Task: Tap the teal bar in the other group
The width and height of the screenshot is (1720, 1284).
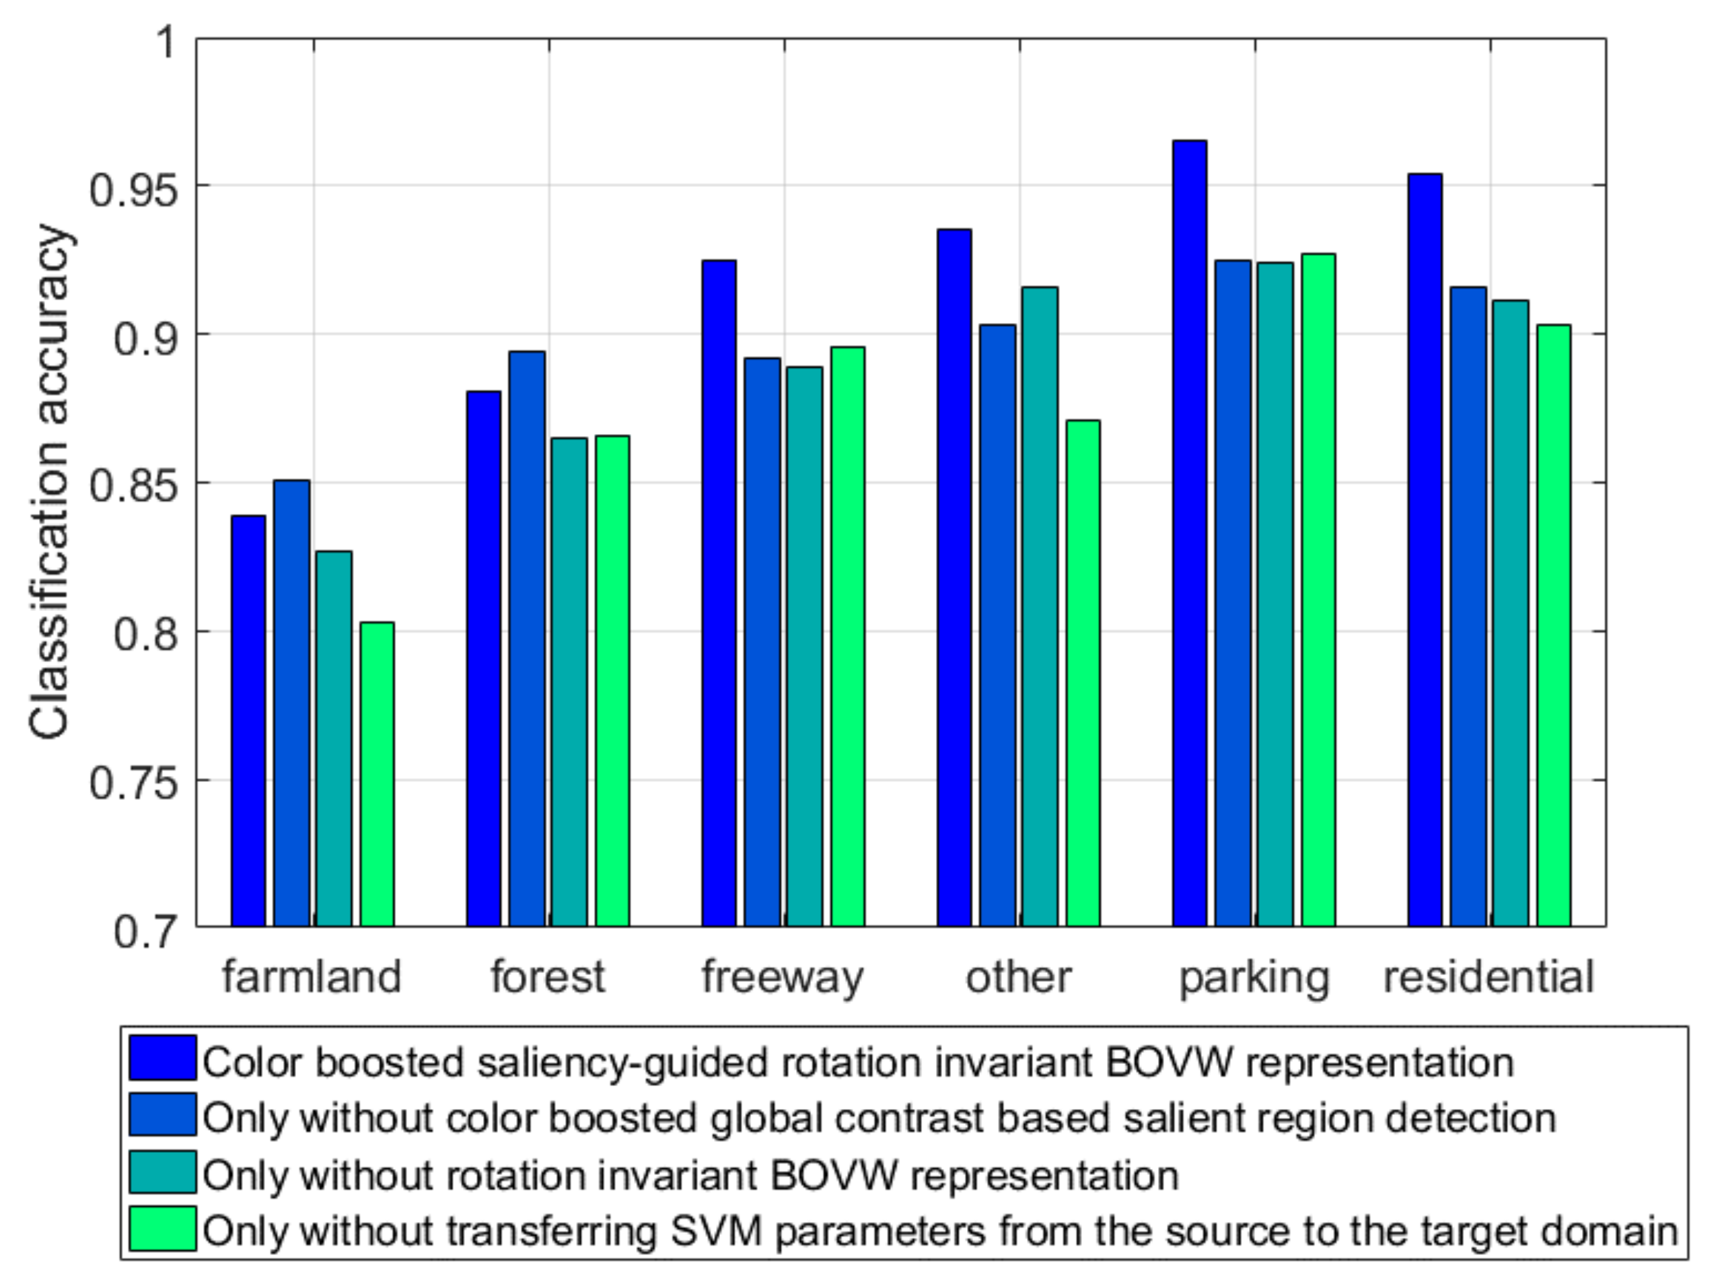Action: click(1039, 606)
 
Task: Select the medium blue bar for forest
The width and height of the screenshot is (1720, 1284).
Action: click(527, 638)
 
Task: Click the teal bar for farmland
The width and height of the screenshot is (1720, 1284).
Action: click(333, 738)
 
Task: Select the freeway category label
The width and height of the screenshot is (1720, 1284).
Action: click(782, 977)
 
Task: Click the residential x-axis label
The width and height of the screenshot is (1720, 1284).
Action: click(1488, 977)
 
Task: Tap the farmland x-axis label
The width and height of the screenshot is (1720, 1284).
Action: click(312, 977)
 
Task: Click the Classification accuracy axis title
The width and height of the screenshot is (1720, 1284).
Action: click(50, 482)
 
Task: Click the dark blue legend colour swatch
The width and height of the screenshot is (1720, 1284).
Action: click(162, 1058)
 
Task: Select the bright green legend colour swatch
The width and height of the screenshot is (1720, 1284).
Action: click(162, 1229)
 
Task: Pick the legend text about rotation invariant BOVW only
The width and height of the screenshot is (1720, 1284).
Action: click(690, 1174)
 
